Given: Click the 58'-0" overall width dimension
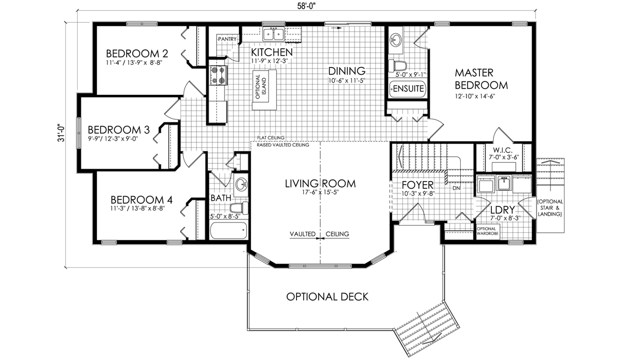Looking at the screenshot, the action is click(x=307, y=6).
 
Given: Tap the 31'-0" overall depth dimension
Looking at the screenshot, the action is click(x=61, y=133).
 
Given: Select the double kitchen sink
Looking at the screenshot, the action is click(x=274, y=34).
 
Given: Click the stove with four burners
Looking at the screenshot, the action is click(x=218, y=75).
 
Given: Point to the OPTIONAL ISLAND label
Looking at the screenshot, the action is click(x=261, y=87).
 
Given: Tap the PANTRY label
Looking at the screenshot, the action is click(x=227, y=39).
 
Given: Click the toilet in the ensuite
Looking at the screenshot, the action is click(x=398, y=66).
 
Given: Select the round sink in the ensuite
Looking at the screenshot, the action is click(x=395, y=40).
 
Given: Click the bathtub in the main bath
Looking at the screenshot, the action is click(x=229, y=230).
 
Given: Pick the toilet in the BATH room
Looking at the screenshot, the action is click(x=239, y=207).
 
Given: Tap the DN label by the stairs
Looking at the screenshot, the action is click(x=456, y=188).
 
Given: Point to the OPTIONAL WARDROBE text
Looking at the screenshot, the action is click(x=488, y=231).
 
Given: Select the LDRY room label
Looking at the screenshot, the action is click(x=503, y=210).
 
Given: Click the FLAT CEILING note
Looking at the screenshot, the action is click(x=271, y=137).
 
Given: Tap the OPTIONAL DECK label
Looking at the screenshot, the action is click(x=328, y=297).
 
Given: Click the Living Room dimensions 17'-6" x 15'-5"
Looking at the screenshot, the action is click(x=320, y=192).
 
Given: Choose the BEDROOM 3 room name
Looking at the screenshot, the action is click(x=119, y=130).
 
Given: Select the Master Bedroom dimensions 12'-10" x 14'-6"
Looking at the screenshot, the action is click(x=475, y=96).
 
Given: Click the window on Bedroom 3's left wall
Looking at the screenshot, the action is click(x=79, y=133).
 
